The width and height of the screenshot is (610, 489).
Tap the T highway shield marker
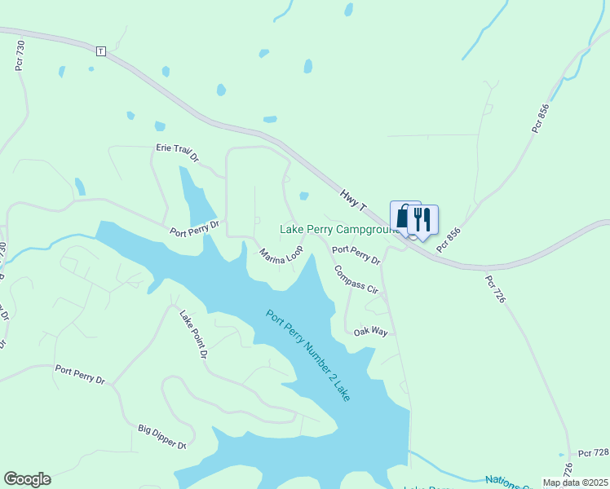(100, 51)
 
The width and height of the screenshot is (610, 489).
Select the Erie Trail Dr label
(178, 151)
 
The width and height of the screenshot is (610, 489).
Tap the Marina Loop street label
(281, 255)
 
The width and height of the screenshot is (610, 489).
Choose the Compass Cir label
(356, 279)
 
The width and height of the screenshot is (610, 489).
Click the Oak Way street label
(370, 332)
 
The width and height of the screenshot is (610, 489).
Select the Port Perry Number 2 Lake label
(308, 354)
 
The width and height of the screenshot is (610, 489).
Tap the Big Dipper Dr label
(162, 437)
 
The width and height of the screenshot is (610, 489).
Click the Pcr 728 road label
(593, 452)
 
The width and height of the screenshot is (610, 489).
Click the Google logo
(27, 479)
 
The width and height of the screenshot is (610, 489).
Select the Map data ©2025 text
(576, 482)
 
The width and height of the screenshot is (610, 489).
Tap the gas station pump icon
(402, 217)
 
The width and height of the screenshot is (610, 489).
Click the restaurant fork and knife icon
(422, 218)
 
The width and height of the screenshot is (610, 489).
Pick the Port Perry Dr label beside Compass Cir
(356, 255)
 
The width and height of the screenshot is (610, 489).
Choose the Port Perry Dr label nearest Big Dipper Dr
(81, 374)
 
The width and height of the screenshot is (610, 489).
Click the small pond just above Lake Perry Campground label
(304, 196)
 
